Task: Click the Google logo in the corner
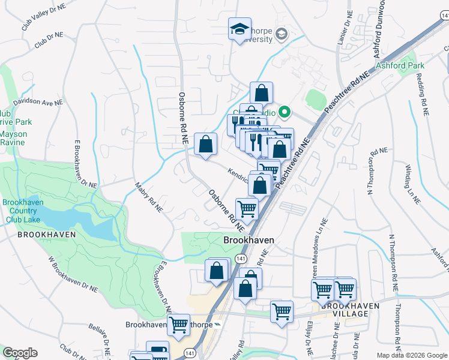click(20, 353)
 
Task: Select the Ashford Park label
click(400, 65)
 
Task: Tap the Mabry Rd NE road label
click(148, 198)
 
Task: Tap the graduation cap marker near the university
click(239, 28)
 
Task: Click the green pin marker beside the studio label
click(285, 111)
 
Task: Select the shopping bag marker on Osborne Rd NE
click(205, 144)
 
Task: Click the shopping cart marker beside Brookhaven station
click(178, 325)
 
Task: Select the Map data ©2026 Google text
click(412, 355)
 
